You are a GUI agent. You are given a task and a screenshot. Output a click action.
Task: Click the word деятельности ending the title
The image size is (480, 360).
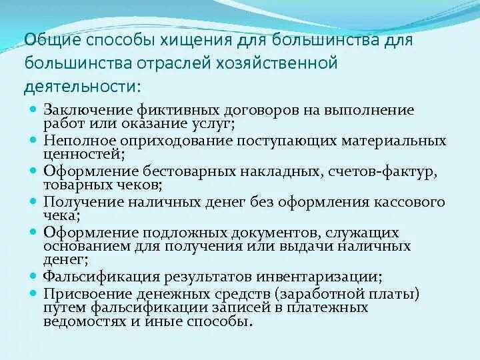83,87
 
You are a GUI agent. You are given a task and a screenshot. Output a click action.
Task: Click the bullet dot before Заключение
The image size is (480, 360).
33,109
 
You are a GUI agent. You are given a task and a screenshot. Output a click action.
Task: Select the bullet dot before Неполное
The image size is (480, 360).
33,140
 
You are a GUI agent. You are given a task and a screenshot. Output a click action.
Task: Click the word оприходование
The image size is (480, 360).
178,141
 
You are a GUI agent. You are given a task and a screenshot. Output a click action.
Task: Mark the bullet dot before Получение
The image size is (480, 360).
33,200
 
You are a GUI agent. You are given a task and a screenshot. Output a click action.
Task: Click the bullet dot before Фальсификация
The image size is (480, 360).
33,274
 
